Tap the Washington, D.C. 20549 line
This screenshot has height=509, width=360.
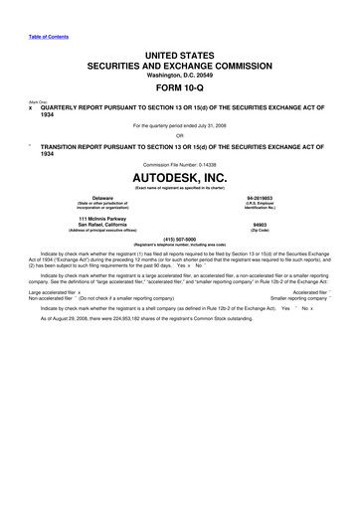click(x=180, y=73)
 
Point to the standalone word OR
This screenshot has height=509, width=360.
click(x=180, y=136)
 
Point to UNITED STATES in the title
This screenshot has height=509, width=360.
click(x=180, y=51)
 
